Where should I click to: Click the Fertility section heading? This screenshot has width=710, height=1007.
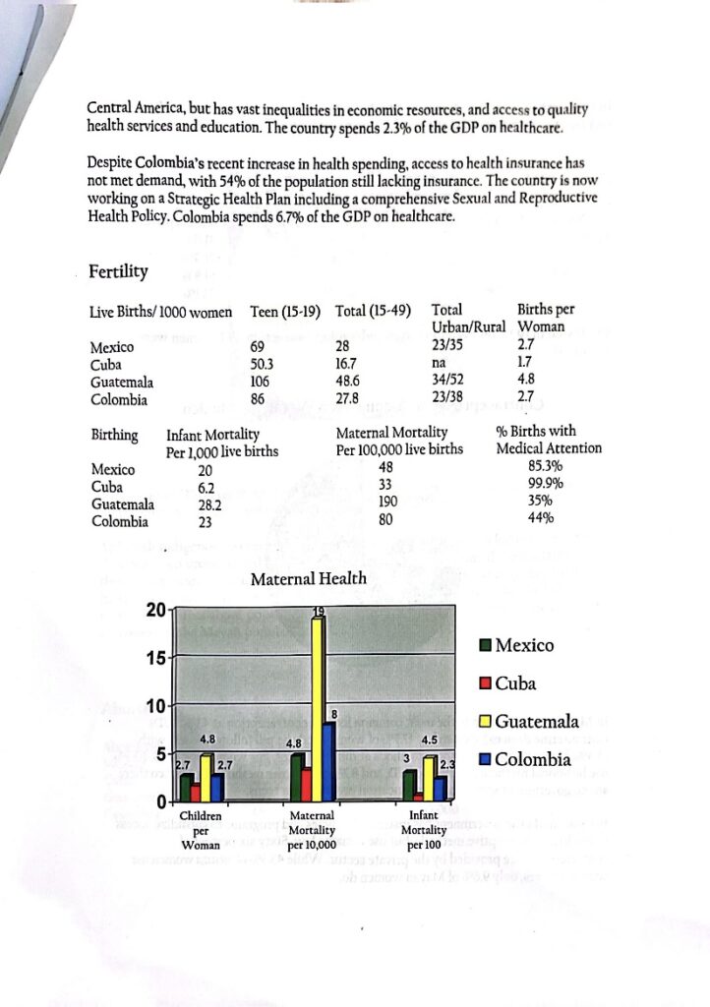(x=118, y=271)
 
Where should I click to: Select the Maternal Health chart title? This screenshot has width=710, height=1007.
(x=309, y=580)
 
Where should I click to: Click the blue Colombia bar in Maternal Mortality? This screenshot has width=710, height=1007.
(x=330, y=762)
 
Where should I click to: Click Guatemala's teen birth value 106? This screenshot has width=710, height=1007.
(x=261, y=382)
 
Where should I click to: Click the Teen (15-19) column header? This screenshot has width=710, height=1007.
(x=285, y=312)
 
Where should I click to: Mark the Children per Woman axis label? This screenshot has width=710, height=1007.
(x=201, y=829)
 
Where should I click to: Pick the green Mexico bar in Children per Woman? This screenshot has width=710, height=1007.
(x=185, y=787)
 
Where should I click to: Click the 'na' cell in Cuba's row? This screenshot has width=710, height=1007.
(x=440, y=364)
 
